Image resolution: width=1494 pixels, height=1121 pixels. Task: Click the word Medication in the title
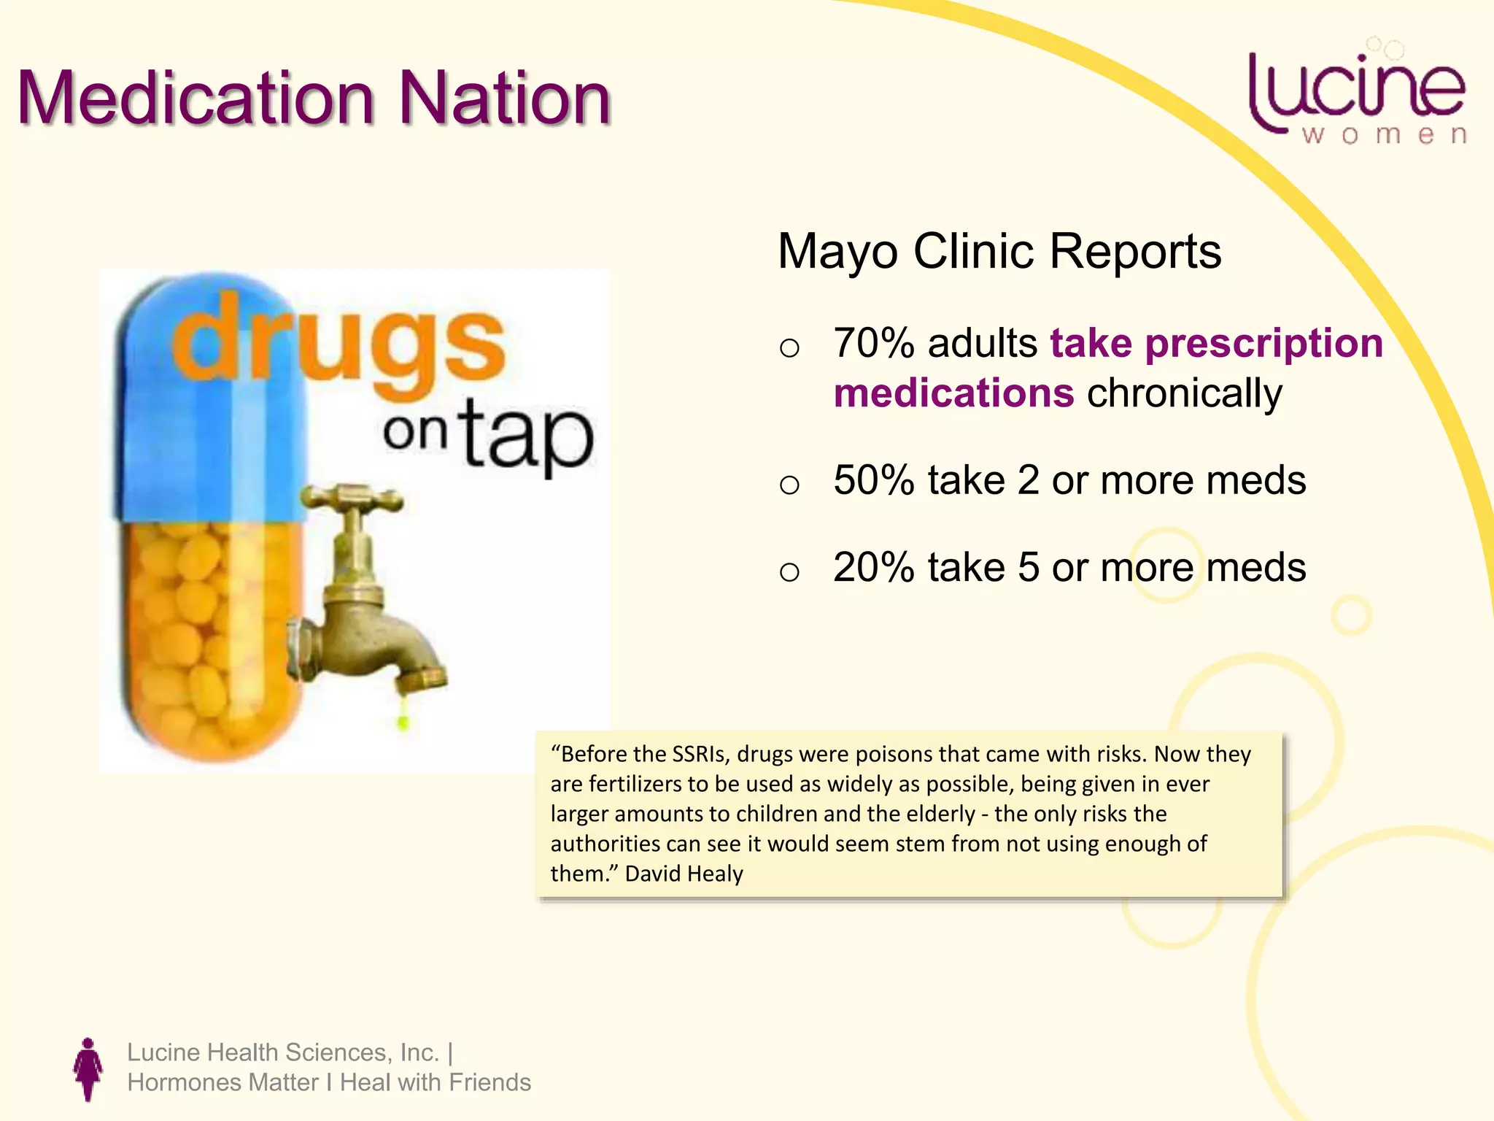[x=196, y=99]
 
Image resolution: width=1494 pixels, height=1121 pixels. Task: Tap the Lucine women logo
[x=1357, y=95]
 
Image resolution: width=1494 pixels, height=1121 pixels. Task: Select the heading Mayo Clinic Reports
[x=999, y=252]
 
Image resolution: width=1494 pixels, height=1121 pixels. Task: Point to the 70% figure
[x=873, y=343]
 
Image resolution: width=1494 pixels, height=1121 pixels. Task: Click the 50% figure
[x=873, y=481]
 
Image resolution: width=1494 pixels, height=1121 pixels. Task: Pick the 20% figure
[x=873, y=568]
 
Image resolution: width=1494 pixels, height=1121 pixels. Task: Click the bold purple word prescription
[x=1263, y=343]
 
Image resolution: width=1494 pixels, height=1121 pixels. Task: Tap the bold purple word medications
[x=953, y=393]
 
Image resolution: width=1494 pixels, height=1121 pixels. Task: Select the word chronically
[x=1184, y=393]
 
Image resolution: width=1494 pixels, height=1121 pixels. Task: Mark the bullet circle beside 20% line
[x=789, y=571]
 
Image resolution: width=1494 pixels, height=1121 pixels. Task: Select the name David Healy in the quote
[x=684, y=874]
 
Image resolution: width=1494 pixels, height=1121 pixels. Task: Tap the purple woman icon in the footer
[x=88, y=1068]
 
